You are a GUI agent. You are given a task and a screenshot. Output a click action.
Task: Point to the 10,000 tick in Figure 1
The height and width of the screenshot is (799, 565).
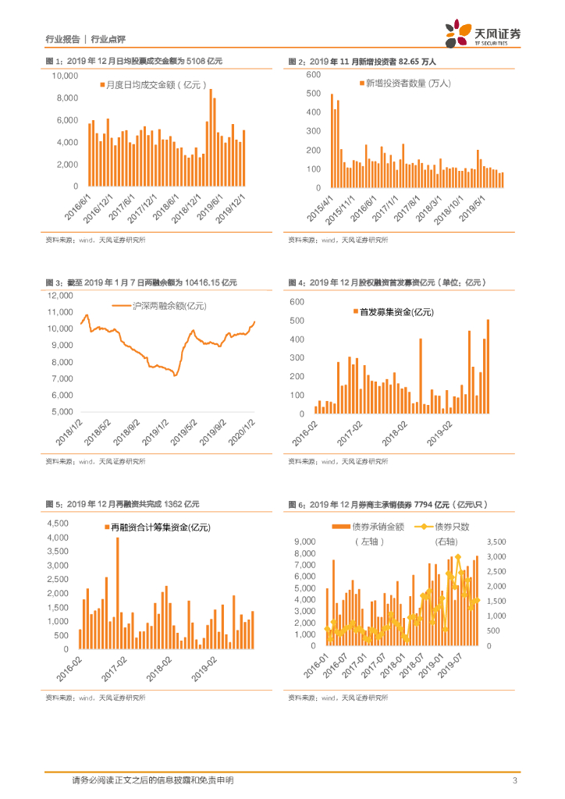(x=64, y=76)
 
